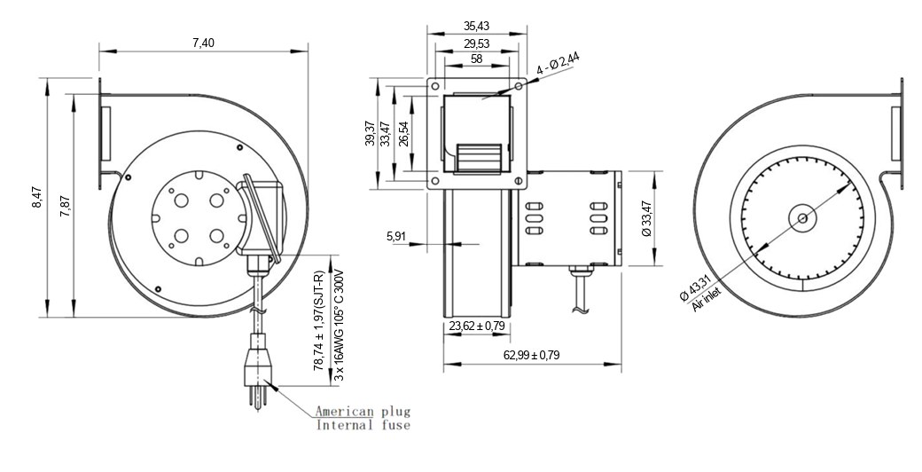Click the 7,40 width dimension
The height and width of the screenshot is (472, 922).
(202, 43)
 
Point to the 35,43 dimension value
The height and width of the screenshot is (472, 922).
(478, 27)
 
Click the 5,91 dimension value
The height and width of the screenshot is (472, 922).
(396, 236)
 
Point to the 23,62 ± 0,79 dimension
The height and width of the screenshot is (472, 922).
(478, 326)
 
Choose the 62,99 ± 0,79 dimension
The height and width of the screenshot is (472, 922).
(530, 355)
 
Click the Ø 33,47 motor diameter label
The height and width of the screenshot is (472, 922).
(646, 219)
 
